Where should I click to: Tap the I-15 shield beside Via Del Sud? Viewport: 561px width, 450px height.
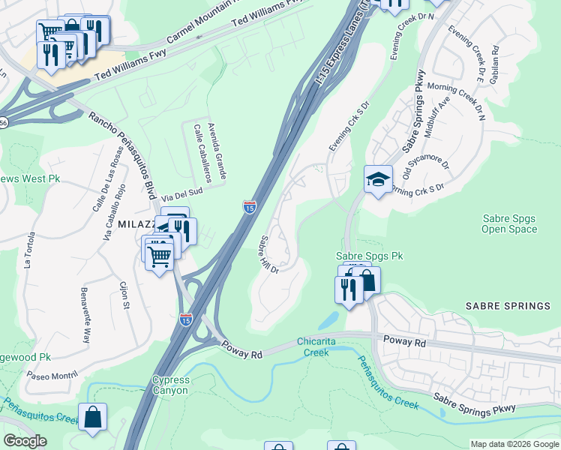point(249,205)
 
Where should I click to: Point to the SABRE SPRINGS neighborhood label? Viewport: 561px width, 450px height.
point(508,306)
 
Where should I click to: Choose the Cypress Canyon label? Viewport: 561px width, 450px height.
point(171,385)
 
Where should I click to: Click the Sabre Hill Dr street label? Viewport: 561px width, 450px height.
point(268,254)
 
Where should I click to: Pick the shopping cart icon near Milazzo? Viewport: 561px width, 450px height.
point(159,255)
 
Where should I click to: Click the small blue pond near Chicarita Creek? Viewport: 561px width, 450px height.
point(327,320)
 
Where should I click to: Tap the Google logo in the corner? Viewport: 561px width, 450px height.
point(25,441)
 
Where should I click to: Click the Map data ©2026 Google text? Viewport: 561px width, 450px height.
point(514,444)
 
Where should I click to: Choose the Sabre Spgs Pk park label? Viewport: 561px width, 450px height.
point(369,256)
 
